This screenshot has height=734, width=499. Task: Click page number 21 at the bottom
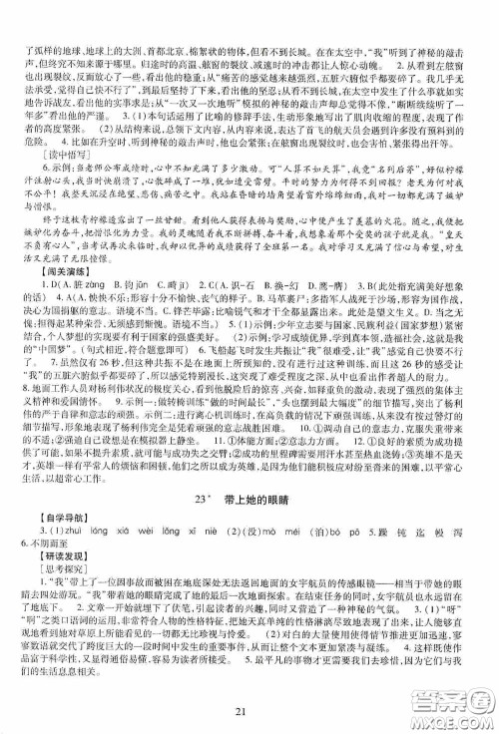(x=249, y=708)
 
